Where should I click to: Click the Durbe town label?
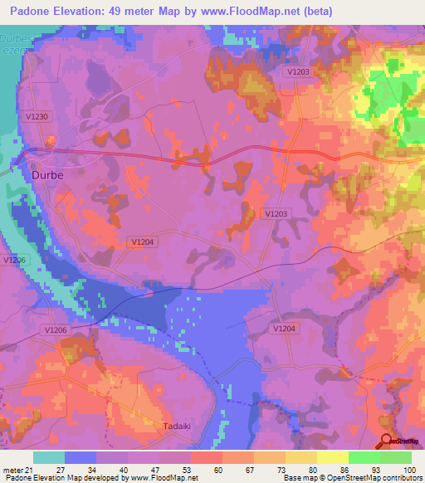tap(46, 175)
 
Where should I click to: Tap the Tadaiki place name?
tap(173, 427)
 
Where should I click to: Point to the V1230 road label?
tap(37, 117)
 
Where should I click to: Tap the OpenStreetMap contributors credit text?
tap(373, 478)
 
